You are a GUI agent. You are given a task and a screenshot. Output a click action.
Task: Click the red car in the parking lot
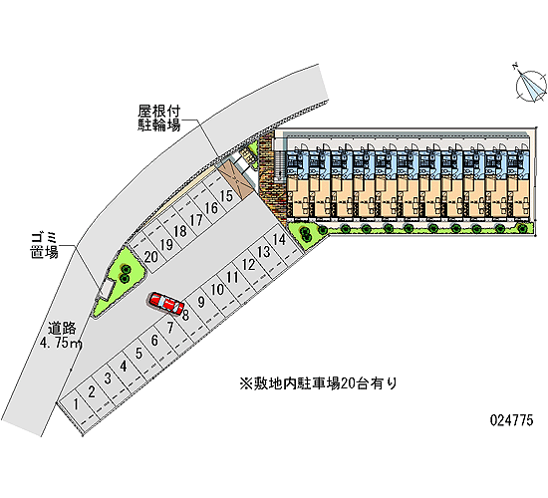point(166,303)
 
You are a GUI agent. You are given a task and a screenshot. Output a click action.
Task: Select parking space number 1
point(76,404)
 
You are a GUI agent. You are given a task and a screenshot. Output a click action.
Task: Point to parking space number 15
point(226,195)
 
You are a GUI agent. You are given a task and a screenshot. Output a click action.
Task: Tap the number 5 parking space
point(138,354)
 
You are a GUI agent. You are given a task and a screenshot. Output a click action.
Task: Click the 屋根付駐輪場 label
point(158,119)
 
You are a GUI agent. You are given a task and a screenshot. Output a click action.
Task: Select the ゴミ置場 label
point(44,246)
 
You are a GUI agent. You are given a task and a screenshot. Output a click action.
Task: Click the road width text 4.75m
point(62,344)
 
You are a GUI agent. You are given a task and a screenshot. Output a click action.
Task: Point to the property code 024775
point(512,419)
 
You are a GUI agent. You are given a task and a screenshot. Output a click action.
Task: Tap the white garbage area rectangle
point(107,290)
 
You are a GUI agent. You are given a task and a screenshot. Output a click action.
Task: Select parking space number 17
point(196,220)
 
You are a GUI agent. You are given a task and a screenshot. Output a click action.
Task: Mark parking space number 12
point(248,265)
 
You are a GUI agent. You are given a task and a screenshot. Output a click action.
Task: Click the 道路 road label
point(62,329)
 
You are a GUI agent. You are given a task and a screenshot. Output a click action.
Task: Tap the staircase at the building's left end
point(280,164)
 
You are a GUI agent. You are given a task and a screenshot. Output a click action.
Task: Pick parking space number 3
point(108,378)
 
